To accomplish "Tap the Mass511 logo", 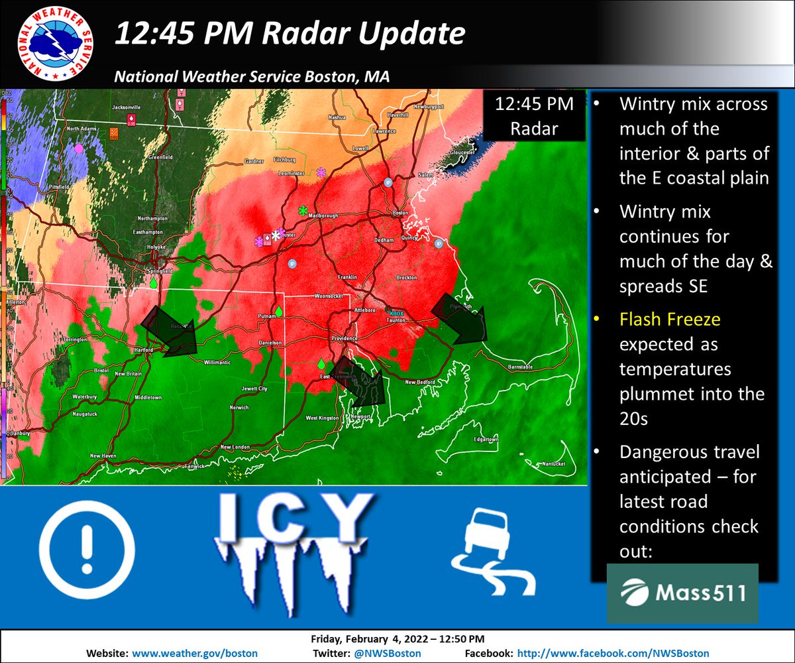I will point(682,593).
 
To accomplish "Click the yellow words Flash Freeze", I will point(670,320).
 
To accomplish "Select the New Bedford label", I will point(418,382).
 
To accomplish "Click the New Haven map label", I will point(103,455).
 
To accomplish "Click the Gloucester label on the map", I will point(463,152).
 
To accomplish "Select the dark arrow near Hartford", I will point(170,330).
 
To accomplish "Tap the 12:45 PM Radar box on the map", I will point(533,117).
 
